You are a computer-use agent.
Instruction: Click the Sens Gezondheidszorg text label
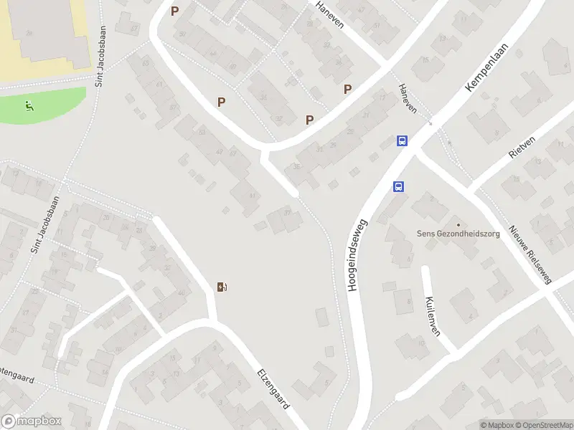(456, 234)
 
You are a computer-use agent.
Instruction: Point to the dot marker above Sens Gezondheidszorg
(458, 224)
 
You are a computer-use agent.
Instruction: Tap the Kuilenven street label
(431, 316)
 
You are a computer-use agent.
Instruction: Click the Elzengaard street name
(273, 389)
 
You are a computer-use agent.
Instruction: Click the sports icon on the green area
(28, 107)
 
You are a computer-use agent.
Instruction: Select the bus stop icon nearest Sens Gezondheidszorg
(398, 186)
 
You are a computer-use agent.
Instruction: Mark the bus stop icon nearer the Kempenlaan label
(403, 141)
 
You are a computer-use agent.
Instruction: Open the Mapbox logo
(32, 421)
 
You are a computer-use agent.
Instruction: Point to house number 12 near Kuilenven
(422, 343)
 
